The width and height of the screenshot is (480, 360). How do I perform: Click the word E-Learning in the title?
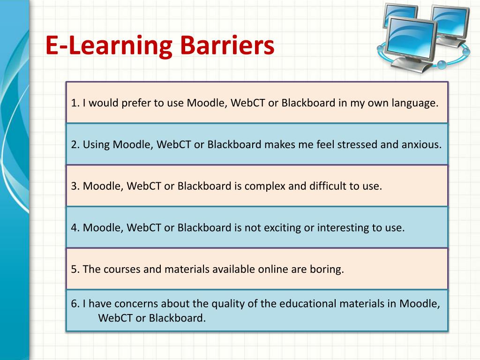[x=109, y=47]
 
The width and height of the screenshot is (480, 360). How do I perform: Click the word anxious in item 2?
[x=421, y=144]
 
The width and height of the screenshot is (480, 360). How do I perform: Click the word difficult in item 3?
[x=326, y=186]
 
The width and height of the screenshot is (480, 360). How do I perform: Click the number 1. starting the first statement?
[x=75, y=103]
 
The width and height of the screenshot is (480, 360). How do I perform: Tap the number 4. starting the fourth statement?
[x=75, y=228]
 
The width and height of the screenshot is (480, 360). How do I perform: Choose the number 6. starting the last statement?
[x=75, y=304]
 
